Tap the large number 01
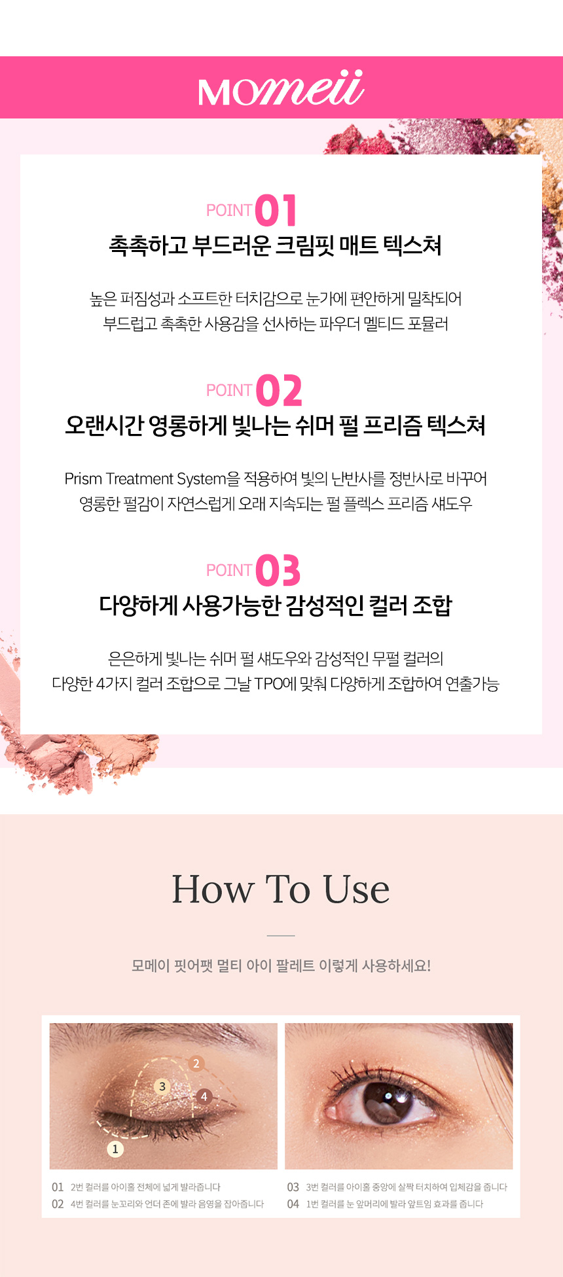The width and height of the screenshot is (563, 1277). coord(276,210)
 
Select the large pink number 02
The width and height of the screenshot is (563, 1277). coord(279,390)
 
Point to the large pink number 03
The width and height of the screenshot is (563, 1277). coord(278,570)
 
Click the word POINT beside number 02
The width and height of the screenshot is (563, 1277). coord(229,390)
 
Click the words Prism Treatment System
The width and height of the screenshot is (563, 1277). coord(145,479)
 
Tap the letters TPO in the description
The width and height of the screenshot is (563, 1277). coord(268,684)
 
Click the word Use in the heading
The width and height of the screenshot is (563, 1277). coord(357,889)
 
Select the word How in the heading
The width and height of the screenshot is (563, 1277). coord(213,889)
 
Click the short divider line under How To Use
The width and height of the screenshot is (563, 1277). coord(281,935)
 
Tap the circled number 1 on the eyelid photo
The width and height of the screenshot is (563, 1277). coord(115,1149)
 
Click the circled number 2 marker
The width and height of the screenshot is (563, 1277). coord(196,1064)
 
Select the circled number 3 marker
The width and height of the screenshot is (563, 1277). coord(162,1087)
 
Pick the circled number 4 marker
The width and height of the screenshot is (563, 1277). coord(204,1096)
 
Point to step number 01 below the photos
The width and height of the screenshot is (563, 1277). coord(58,1187)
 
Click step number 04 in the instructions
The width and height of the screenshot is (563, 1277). coord(293,1204)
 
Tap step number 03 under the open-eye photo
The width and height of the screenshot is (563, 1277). coord(293,1187)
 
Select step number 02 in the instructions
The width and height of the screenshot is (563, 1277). coord(58,1204)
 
